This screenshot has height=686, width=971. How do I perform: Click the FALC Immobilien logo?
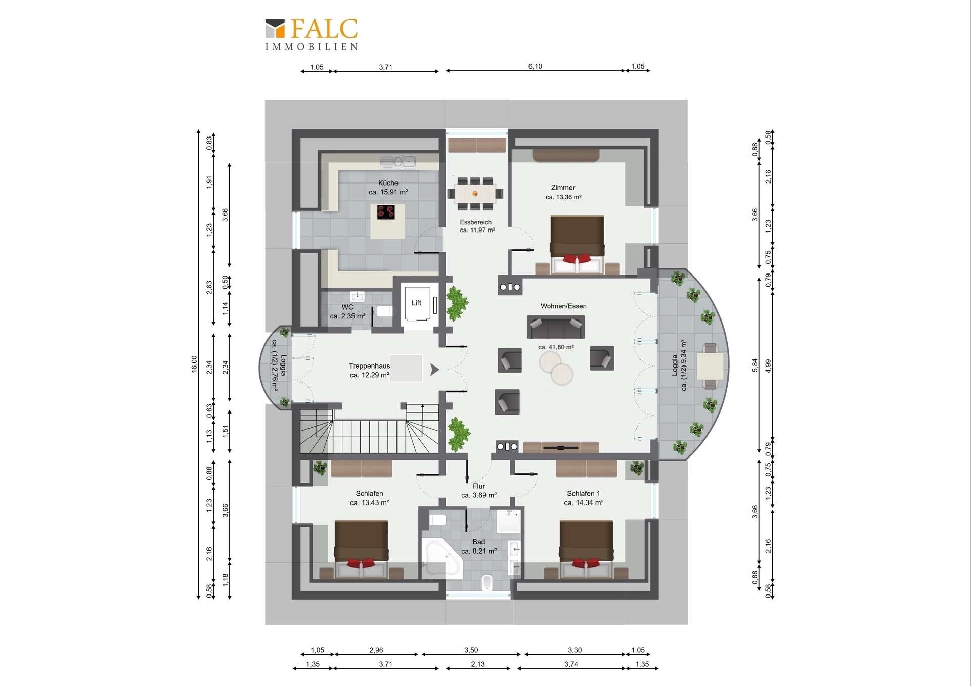coord(312,34)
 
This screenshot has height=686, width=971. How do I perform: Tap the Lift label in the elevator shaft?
coord(416,303)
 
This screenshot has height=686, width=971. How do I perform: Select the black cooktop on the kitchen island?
coord(386,212)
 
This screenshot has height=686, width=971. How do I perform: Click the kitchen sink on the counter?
coord(398,162)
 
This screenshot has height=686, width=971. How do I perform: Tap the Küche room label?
coord(388,183)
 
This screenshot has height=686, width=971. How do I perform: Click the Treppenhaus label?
coord(369,366)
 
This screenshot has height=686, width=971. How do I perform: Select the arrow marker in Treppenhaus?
coord(434,370)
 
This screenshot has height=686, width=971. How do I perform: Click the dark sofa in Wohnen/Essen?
coord(556,327)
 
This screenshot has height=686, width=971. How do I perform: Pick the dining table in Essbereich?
coord(475,193)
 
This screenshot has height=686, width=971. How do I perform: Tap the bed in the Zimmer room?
coord(577,245)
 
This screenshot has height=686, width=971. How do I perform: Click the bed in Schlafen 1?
coord(586,550)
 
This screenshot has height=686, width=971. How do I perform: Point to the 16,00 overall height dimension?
coord(194,364)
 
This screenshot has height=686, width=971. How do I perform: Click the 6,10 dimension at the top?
coord(535,66)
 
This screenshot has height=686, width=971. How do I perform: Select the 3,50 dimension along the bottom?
coord(471,650)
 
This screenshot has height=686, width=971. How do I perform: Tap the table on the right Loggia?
coord(711,366)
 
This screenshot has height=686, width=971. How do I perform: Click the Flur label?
coord(479,486)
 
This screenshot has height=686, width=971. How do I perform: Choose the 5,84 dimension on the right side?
coord(755,365)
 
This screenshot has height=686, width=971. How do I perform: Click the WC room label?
coord(347,307)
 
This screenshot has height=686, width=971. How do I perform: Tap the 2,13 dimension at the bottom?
coord(478,664)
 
